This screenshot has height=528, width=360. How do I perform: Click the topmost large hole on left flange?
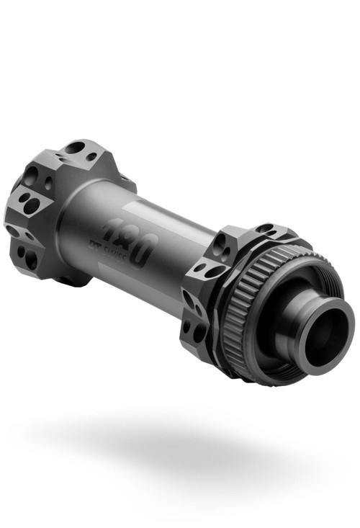click(74, 148)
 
